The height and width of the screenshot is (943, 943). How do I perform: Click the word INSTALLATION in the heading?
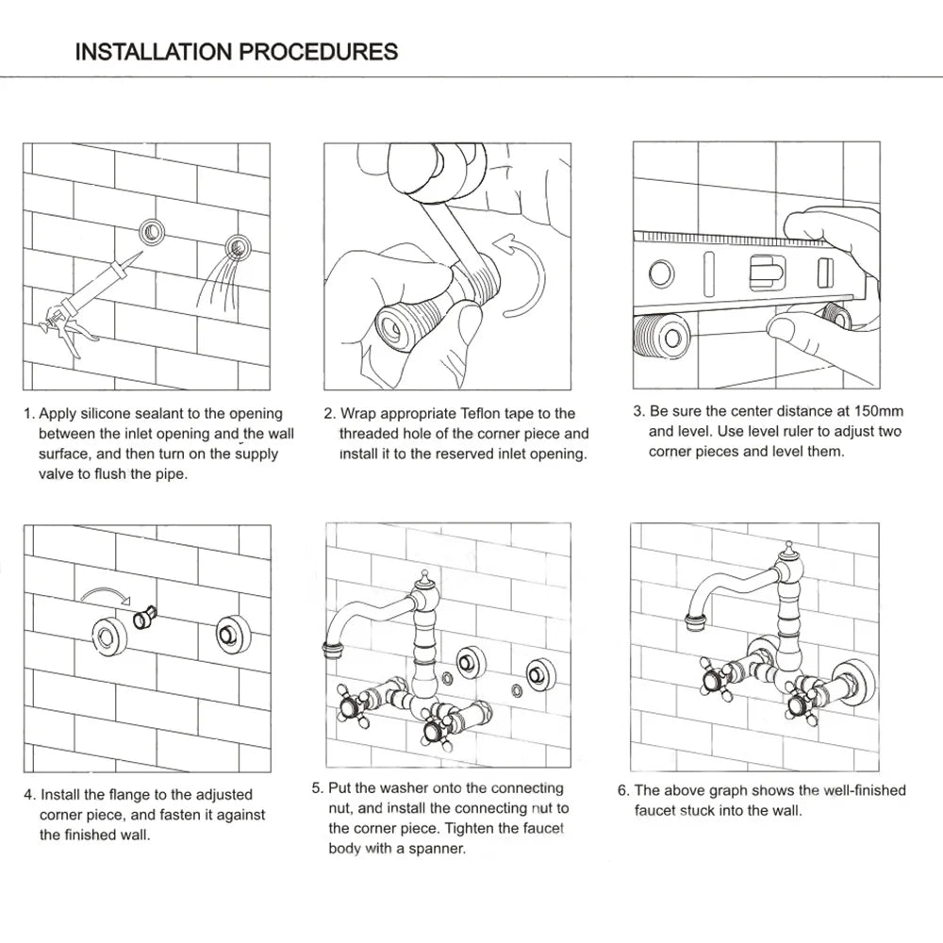(155, 51)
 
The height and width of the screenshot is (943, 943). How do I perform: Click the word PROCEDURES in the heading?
(319, 51)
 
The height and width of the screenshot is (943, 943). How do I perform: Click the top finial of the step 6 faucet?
(789, 547)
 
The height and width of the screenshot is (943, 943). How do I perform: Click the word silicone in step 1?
(134, 413)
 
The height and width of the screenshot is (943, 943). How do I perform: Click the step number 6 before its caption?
(622, 790)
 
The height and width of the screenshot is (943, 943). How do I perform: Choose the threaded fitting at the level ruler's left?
(660, 335)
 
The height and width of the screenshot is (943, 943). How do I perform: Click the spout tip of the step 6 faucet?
(698, 620)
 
